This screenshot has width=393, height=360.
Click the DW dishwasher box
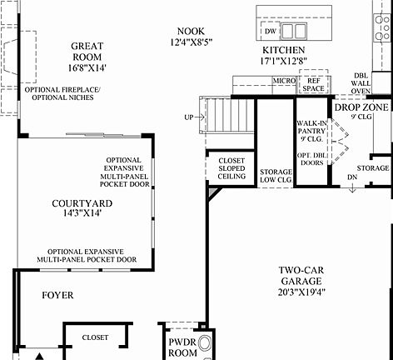point(269,32)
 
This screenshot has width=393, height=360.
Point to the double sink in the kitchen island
point(293,32)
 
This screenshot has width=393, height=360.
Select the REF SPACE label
point(314,84)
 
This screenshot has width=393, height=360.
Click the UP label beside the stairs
point(189,117)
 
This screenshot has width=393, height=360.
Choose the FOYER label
point(57,295)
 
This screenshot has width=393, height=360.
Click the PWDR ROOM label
point(181,346)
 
